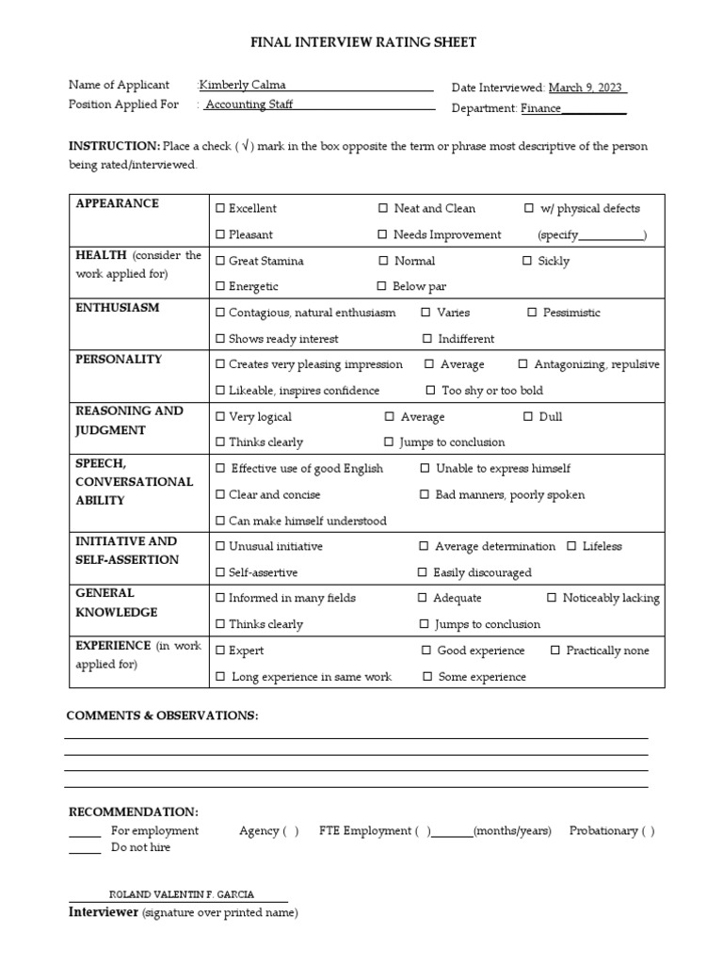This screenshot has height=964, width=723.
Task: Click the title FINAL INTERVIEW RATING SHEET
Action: [x=363, y=42]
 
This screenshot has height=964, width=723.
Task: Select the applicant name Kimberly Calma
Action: [x=242, y=85]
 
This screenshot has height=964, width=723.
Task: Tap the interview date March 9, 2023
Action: [x=586, y=88]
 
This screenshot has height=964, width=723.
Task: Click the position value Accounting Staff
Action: [x=249, y=104]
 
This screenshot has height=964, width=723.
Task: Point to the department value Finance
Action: [x=541, y=108]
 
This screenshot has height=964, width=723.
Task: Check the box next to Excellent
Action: [x=220, y=209]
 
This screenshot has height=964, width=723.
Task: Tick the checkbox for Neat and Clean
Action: [x=383, y=209]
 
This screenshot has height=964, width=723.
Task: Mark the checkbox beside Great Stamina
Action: [x=220, y=262]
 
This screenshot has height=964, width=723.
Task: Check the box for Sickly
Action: [x=527, y=262]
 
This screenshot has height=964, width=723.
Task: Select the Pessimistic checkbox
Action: [x=532, y=313]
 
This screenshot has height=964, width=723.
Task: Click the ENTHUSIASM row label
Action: [x=118, y=308]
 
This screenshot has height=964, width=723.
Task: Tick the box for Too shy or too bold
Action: [x=431, y=391]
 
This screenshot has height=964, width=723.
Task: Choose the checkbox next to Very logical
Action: [x=220, y=417]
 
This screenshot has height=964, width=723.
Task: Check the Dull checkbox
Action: [x=528, y=417]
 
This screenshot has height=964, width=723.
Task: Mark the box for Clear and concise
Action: [x=220, y=495]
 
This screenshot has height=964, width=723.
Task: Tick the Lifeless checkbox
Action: [x=571, y=546]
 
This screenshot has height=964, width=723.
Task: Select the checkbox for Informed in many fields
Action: [x=220, y=599]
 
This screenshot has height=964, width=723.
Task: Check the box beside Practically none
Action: [x=555, y=651]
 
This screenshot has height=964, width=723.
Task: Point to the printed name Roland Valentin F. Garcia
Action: [x=182, y=895]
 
